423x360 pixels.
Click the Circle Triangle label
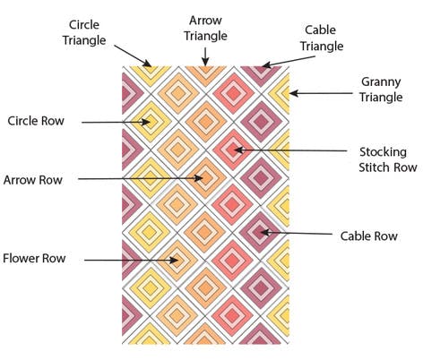point(84,32)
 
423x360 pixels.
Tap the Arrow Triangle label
point(205,29)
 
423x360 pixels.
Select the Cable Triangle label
point(322,39)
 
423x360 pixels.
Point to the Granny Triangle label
point(381,90)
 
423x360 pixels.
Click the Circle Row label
point(36,121)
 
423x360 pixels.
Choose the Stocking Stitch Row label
point(387,159)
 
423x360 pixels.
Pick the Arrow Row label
point(33,180)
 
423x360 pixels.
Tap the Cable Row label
point(369,236)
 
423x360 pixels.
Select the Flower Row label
point(34,258)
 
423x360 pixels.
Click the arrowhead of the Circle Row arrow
point(146,122)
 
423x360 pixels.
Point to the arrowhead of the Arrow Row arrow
point(199,178)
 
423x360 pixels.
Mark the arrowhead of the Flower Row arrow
point(174,260)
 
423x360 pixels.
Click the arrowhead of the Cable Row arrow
point(265,232)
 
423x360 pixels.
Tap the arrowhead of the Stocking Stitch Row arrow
point(238,150)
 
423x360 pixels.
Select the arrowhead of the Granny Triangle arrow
point(294,93)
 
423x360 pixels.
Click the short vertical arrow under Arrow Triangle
point(205,56)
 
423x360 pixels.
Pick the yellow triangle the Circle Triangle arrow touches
point(151,73)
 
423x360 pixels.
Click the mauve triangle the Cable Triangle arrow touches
point(261,73)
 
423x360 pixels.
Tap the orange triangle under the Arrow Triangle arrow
point(205,73)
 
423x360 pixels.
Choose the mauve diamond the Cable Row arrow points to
point(261,232)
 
